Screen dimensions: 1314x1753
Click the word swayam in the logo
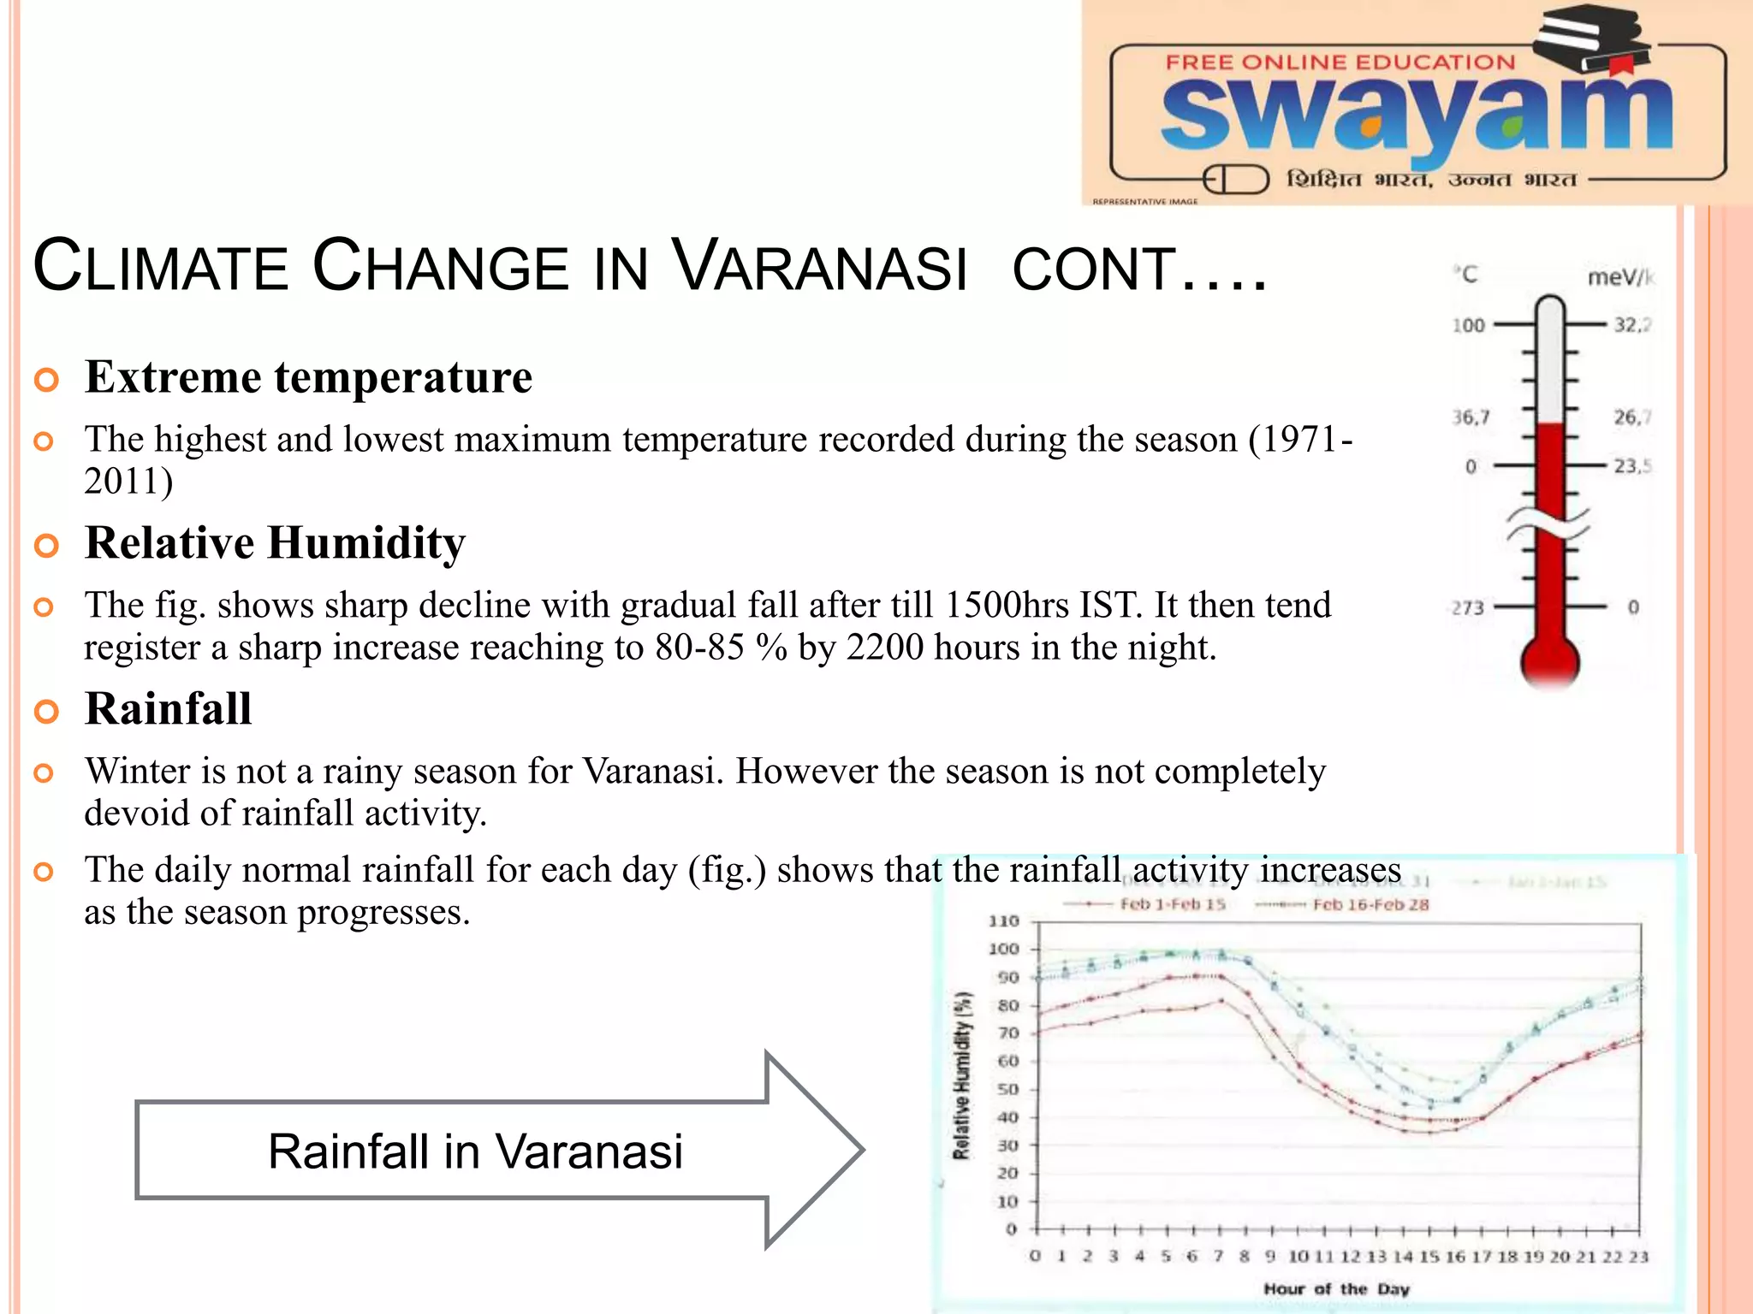coord(1417,115)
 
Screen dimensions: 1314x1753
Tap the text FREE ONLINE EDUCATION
coord(1340,62)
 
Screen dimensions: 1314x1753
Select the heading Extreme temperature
coord(308,377)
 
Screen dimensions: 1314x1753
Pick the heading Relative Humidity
coord(275,543)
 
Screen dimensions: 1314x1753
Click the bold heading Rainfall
coord(169,709)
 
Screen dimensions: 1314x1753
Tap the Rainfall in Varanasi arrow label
coord(475,1151)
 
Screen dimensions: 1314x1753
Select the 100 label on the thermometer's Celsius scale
coord(1468,326)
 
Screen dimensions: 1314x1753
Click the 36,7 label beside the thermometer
coord(1471,417)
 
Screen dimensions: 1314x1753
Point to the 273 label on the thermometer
coord(1467,608)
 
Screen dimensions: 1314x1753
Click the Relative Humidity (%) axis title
coord(963,1075)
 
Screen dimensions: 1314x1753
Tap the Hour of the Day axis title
coord(1336,1288)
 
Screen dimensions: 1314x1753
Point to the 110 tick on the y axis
coord(1003,921)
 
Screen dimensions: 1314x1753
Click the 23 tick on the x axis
coord(1638,1257)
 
